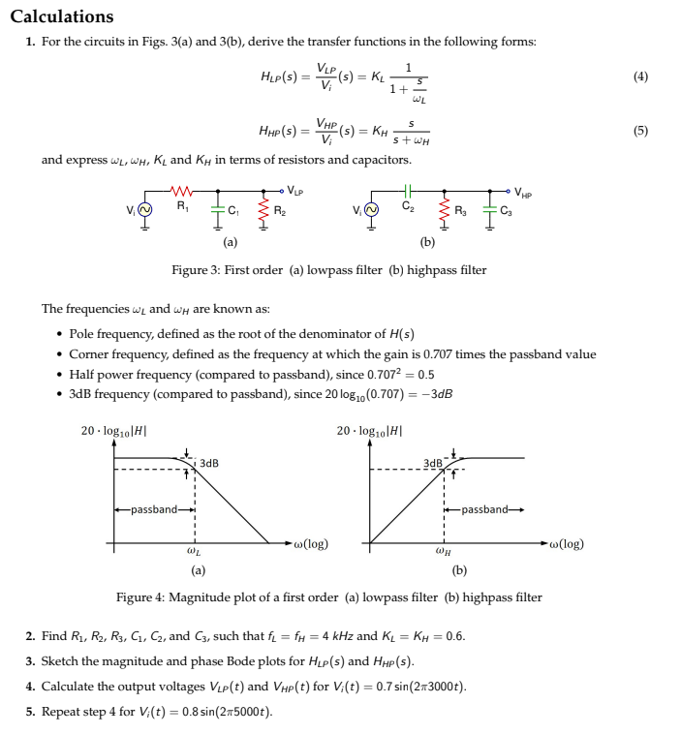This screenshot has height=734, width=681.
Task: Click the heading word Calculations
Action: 62,16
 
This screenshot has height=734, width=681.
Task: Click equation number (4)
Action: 640,76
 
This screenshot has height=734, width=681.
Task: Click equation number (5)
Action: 640,130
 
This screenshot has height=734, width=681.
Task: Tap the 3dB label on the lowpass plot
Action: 208,464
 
